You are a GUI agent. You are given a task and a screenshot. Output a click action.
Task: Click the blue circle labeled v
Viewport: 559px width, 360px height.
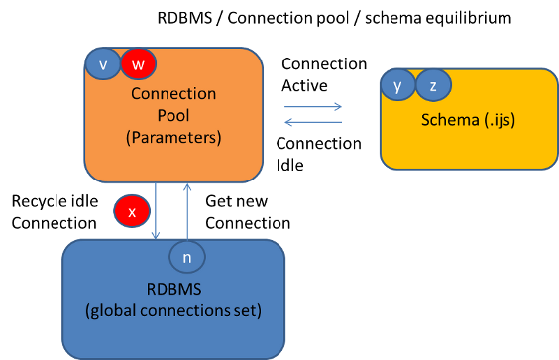(102, 64)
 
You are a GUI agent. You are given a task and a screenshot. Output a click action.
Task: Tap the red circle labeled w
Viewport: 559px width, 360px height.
(139, 64)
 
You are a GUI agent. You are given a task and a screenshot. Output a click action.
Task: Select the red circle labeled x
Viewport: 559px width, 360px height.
(132, 211)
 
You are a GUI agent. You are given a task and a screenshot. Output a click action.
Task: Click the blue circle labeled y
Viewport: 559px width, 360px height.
(397, 86)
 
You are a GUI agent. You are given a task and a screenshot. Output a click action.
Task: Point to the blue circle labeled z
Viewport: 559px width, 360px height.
(432, 86)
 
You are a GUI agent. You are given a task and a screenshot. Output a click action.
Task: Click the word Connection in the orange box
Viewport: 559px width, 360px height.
(173, 94)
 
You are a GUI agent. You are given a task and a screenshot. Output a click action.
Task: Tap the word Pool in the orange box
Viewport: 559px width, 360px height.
(173, 117)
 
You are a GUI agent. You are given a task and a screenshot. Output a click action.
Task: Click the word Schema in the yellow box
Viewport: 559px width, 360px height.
(446, 120)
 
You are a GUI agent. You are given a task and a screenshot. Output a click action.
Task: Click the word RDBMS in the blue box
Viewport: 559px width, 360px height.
(173, 293)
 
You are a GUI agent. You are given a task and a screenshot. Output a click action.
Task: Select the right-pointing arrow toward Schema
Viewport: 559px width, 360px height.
(313, 107)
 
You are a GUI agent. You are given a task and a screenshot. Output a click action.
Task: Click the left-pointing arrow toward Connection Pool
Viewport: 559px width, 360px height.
(313, 122)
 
